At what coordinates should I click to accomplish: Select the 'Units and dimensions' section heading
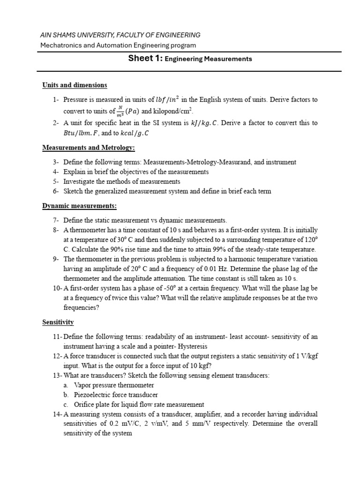[75, 85]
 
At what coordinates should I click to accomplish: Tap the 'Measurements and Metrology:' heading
[89, 148]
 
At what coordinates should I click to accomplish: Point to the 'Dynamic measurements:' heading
[79, 206]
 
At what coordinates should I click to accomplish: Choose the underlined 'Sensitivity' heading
[58, 322]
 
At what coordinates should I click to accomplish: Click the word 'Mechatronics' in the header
[60, 45]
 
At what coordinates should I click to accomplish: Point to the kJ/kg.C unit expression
[198, 123]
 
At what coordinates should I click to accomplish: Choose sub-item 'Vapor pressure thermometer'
[114, 385]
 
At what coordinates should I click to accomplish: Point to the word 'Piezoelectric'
[93, 395]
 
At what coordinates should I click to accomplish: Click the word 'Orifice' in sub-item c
[84, 404]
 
